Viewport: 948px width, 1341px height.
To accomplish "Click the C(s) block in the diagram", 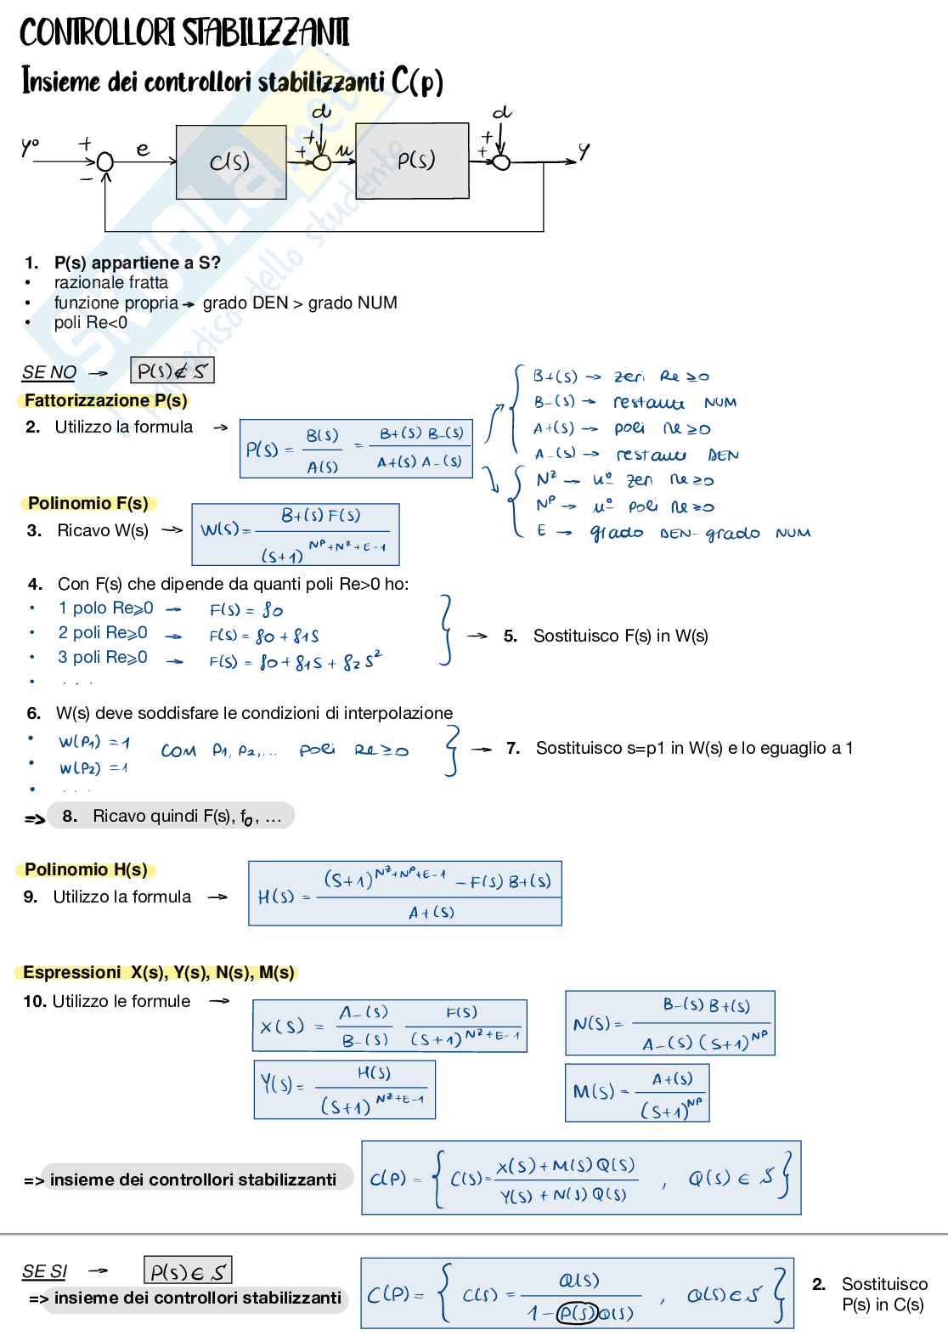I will (230, 161).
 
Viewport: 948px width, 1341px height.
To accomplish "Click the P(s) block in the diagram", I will (412, 161).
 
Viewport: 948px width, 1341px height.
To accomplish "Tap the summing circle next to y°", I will (104, 161).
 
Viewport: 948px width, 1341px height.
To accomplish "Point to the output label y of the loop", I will (584, 151).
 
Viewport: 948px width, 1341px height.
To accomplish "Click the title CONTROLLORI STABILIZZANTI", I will (183, 33).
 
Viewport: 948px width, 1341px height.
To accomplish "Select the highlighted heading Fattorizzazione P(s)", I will (105, 400).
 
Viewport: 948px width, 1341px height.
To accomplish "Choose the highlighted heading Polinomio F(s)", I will (87, 503).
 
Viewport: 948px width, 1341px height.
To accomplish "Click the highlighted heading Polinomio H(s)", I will (86, 869).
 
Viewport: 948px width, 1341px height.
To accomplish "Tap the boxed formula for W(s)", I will (296, 535).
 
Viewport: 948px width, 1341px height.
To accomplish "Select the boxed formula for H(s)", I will (404, 893).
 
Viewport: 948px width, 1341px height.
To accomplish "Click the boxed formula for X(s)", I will (390, 1027).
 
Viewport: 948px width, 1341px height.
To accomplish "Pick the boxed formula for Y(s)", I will (344, 1089).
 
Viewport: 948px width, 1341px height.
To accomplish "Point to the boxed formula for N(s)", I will (670, 1023).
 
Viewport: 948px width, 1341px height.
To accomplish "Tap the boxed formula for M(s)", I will (637, 1093).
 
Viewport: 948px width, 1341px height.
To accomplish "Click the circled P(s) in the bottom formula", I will (578, 1313).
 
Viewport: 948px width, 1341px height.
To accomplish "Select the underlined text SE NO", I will (49, 372).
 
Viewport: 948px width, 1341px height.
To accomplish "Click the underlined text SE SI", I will (44, 1271).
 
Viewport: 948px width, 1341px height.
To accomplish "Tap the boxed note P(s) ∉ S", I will (172, 371).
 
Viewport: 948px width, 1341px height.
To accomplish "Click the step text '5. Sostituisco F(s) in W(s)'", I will (606, 636).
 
